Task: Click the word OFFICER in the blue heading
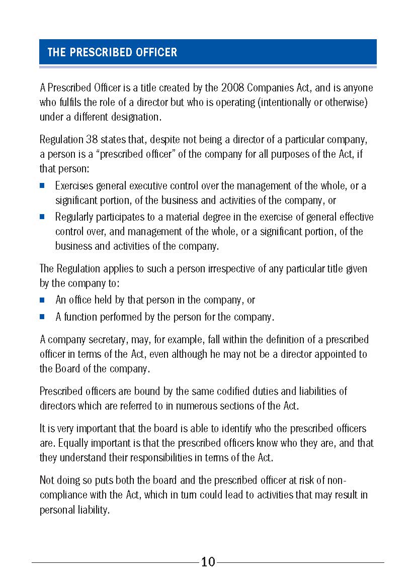(154, 52)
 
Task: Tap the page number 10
(208, 562)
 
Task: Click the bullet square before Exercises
(43, 186)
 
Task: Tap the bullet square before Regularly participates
(43, 217)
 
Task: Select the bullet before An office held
(43, 300)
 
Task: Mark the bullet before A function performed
(43, 317)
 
